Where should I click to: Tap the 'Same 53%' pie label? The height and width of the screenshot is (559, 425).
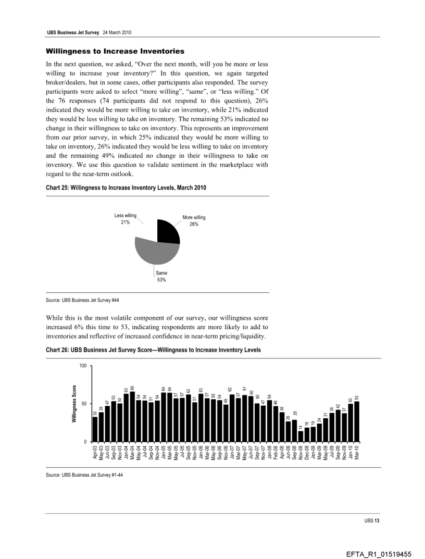[x=161, y=277]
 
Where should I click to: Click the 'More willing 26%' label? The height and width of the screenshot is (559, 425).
[x=194, y=220]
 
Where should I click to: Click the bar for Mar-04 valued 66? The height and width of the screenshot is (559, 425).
[x=132, y=417]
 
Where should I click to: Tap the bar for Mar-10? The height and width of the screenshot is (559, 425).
[x=357, y=421]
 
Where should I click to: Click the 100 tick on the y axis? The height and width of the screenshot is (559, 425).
[x=83, y=366]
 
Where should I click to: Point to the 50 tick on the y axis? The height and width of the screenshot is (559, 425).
[x=84, y=404]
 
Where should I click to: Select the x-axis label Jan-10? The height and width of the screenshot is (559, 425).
[x=351, y=452]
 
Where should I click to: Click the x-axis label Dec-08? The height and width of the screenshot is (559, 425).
[x=307, y=452]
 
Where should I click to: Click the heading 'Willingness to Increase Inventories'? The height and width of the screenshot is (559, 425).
[x=115, y=51]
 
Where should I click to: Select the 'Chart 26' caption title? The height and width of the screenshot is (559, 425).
[x=153, y=350]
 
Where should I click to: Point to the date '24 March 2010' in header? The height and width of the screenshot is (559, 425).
[x=117, y=32]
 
